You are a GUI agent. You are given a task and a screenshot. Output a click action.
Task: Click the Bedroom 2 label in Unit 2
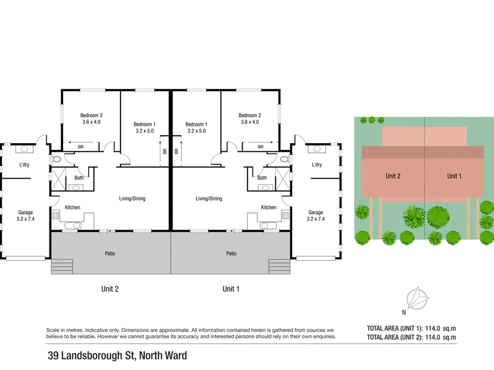pyautogui.click(x=91, y=118)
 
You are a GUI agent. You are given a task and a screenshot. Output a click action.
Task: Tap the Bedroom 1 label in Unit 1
pyautogui.click(x=196, y=128)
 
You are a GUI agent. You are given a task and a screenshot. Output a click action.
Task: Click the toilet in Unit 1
pyautogui.click(x=284, y=159)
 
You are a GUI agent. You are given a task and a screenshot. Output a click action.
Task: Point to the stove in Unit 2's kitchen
pyautogui.click(x=56, y=215)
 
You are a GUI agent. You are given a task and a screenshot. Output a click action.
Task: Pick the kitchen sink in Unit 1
pyautogui.click(x=269, y=226)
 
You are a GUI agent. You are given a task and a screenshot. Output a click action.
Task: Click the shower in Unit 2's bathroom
pyautogui.click(x=58, y=179)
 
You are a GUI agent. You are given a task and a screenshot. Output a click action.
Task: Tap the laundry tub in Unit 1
pyautogui.click(x=317, y=149)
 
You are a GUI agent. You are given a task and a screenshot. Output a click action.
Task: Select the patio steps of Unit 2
pyautogui.click(x=62, y=266)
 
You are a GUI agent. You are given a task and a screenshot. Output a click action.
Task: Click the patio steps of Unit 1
pyautogui.click(x=280, y=266)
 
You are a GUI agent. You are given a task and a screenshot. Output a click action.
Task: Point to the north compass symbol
pyautogui.click(x=417, y=298)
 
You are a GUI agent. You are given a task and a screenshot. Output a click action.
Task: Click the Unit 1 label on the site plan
pyautogui.click(x=454, y=176)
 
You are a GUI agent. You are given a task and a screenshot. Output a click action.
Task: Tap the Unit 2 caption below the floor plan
pyautogui.click(x=110, y=289)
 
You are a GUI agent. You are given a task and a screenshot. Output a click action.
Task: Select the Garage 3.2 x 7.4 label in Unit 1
pyautogui.click(x=316, y=216)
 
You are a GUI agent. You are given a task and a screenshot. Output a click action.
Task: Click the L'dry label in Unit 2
pyautogui.click(x=24, y=165)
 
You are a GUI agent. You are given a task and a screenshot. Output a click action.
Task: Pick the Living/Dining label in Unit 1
pyautogui.click(x=209, y=199)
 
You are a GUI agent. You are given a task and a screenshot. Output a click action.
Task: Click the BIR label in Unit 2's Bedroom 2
pyautogui.click(x=81, y=147)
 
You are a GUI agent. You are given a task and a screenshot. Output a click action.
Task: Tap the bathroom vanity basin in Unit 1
pyautogui.click(x=266, y=188)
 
